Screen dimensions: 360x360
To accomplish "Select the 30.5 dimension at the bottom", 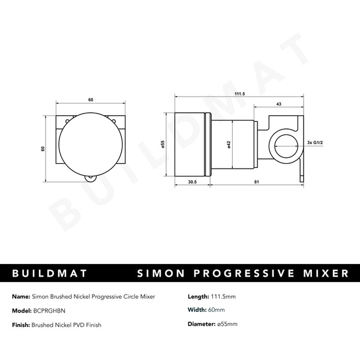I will (x=193, y=181).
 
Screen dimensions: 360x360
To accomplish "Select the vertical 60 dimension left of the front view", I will (x=43, y=148).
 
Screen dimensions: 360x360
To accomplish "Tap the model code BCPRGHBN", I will (x=50, y=310).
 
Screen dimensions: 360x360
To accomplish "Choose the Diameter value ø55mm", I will (x=226, y=325).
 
